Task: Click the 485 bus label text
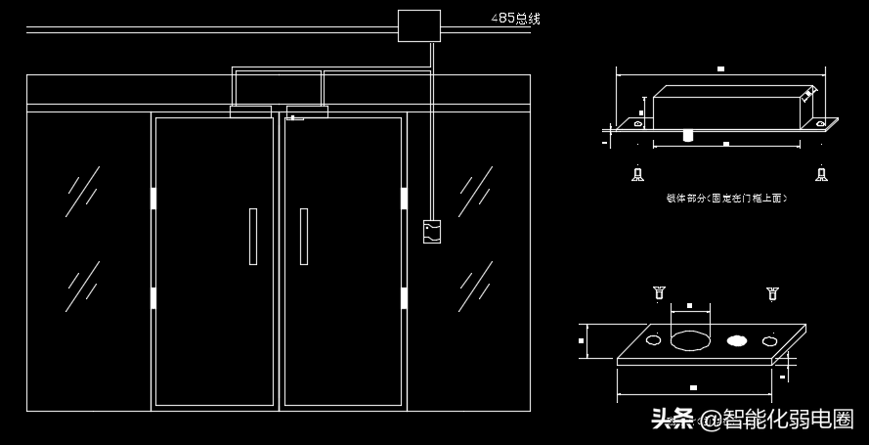pyautogui.click(x=514, y=19)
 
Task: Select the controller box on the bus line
pyautogui.click(x=418, y=25)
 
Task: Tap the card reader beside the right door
pyautogui.click(x=431, y=232)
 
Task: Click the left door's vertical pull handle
pyautogui.click(x=253, y=236)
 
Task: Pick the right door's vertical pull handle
pyautogui.click(x=304, y=236)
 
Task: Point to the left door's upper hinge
pyautogui.click(x=153, y=199)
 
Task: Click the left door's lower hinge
pyautogui.click(x=153, y=296)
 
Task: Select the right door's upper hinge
pyautogui.click(x=404, y=199)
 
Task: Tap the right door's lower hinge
pyautogui.click(x=404, y=296)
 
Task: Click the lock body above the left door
pyautogui.click(x=251, y=111)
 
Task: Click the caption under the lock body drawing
pyautogui.click(x=725, y=199)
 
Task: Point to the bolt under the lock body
pyautogui.click(x=688, y=134)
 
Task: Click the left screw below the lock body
pyautogui.click(x=637, y=175)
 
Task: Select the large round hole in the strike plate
pyautogui.click(x=690, y=340)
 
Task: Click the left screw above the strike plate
pyautogui.click(x=657, y=291)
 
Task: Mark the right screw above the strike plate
pyautogui.click(x=772, y=291)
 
